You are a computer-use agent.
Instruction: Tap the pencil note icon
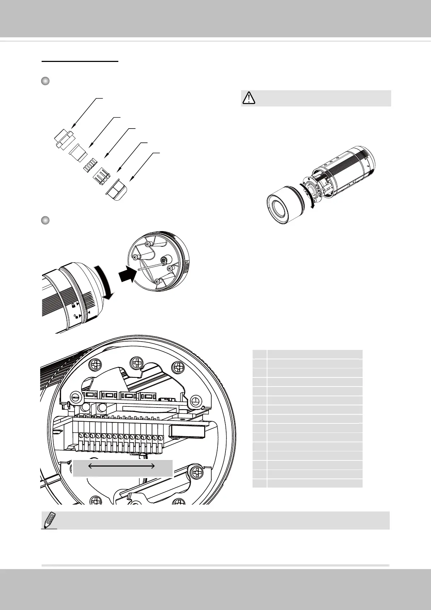[x=49, y=520]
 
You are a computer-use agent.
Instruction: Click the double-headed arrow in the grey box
[x=122, y=466]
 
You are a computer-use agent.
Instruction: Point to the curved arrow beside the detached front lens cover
[x=309, y=196]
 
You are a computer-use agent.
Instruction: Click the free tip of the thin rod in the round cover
[x=138, y=270]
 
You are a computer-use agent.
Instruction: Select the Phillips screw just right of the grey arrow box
[x=198, y=472]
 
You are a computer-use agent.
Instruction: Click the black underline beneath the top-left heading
[x=80, y=62]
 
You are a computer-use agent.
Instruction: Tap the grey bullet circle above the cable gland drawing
[x=45, y=81]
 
